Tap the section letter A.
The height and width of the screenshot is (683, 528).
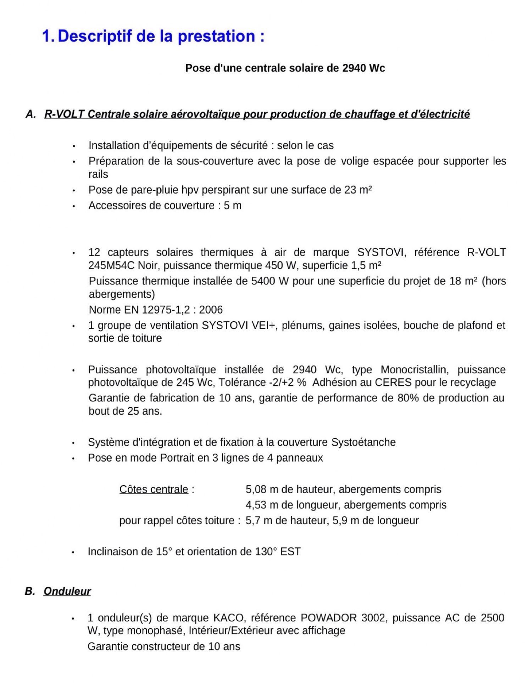coord(30,114)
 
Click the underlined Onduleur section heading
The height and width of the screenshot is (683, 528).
coord(67,591)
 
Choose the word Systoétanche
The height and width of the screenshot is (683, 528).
coord(363,442)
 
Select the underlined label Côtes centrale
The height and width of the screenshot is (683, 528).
coord(154,490)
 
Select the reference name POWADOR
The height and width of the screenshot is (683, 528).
coord(328,618)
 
